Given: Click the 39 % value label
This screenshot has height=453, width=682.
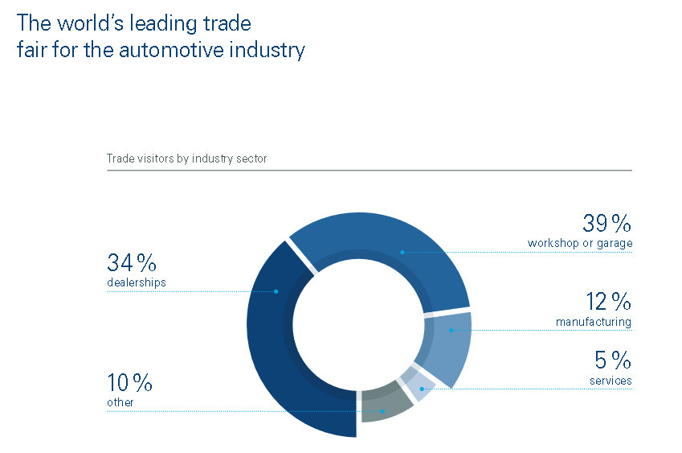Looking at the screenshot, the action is point(606,224).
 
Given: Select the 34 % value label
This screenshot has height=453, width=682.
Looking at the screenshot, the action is point(132,262).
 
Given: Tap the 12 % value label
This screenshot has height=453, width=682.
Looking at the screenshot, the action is point(608,302).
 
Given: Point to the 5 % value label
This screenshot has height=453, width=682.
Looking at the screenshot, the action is point(613,360).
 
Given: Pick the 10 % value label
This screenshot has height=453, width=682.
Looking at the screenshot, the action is point(129,383).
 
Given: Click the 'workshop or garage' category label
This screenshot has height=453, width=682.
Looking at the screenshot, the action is point(580,243).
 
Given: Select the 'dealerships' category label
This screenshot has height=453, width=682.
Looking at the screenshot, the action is point(137,282).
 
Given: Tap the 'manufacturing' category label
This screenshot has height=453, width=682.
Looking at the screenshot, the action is point(594,322).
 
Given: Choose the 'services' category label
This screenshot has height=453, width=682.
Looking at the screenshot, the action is point(611,381).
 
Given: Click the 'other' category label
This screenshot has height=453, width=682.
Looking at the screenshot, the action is point(120,402).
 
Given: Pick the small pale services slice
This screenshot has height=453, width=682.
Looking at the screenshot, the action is point(419,383).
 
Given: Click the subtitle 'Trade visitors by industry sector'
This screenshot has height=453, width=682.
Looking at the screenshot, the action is point(186,159).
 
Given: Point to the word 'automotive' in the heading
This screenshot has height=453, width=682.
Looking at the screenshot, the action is point(171,50).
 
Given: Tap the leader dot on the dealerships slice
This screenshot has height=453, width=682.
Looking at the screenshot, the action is point(276,291).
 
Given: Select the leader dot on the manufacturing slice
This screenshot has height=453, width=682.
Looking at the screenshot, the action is point(451,331).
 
